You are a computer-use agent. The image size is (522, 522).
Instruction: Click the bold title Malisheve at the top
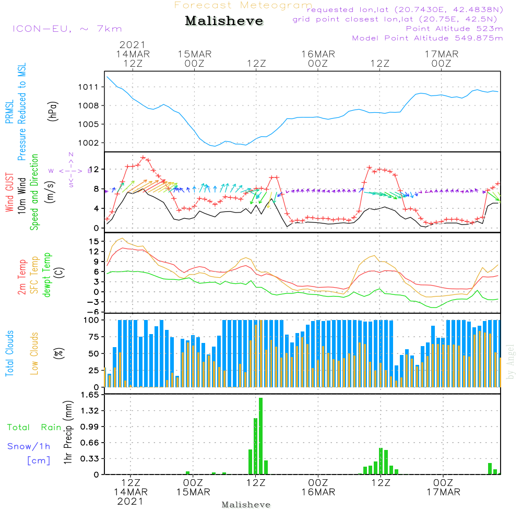pos(224,21)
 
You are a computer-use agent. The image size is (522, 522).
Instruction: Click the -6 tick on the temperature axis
pos(93,312)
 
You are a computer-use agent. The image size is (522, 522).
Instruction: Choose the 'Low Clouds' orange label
pos(34,353)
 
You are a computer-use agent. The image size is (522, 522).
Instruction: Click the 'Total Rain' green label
pos(34,428)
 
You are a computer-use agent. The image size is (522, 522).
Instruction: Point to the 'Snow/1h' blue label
pos(29,446)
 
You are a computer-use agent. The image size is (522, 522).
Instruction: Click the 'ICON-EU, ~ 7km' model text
pos(67,29)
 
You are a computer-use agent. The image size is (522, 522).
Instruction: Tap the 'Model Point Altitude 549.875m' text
pos(428,38)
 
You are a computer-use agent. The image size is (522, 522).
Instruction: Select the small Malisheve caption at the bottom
pos(246,505)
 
